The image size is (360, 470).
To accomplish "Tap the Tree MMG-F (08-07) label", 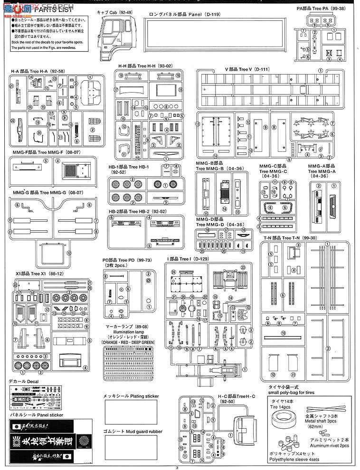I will pos(48,152).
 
